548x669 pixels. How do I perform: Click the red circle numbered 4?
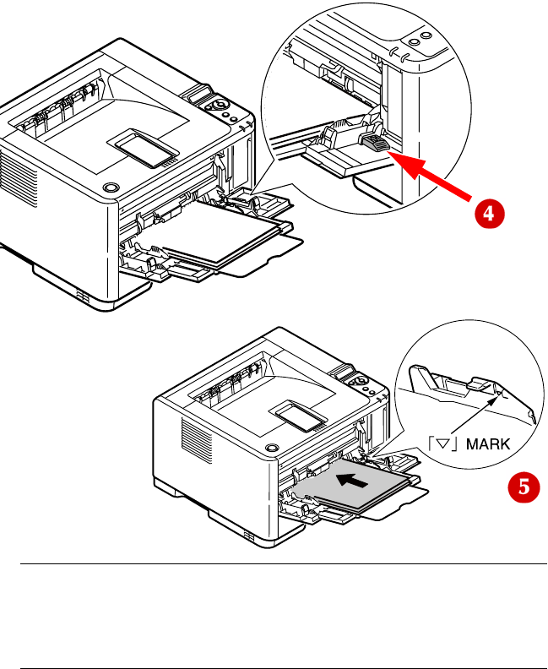490,214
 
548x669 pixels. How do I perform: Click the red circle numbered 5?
524,487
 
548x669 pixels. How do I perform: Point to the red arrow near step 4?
431,176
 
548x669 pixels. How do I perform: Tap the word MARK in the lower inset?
488,444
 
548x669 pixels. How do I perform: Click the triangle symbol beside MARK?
444,444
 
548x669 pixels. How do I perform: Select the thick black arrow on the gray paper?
352,480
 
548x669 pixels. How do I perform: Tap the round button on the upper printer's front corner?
111,188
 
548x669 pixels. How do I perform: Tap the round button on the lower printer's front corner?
272,448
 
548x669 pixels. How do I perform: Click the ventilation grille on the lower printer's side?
197,440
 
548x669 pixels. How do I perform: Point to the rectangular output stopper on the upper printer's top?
146,148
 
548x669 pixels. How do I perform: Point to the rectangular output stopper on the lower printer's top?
301,416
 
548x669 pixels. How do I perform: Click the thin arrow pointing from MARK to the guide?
475,415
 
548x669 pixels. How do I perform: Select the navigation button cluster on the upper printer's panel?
218,105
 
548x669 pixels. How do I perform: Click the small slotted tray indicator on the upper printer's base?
83,297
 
